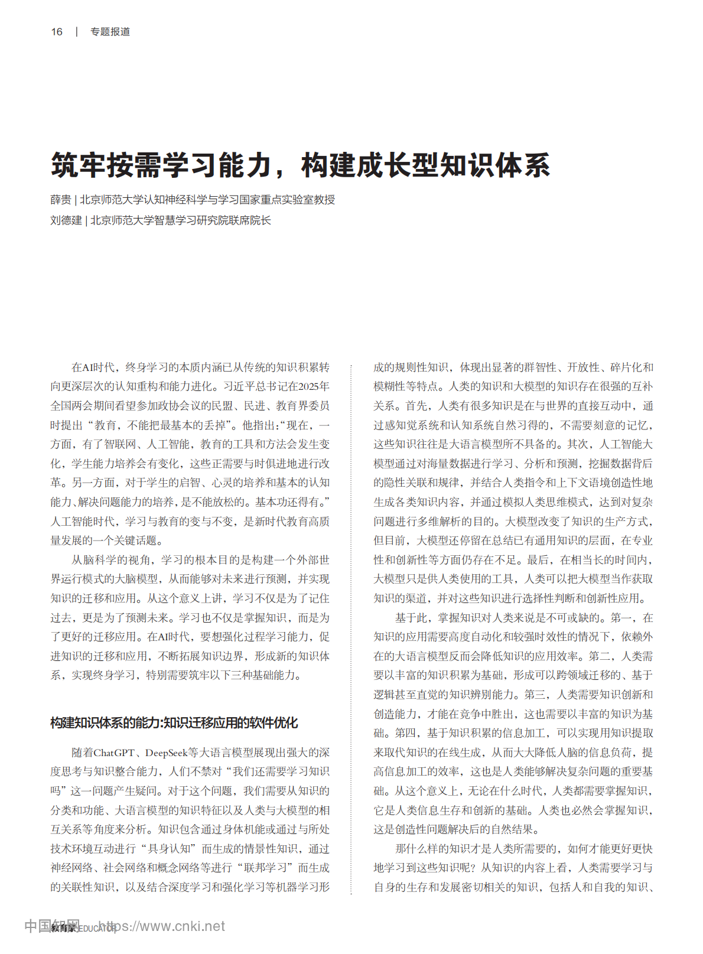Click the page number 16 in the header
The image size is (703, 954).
(x=57, y=32)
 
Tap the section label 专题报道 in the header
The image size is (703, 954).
(x=110, y=32)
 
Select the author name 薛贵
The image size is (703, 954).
(x=60, y=200)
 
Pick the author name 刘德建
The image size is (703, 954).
(x=66, y=220)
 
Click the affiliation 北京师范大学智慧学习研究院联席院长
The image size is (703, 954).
(x=181, y=220)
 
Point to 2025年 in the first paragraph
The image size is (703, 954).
(x=314, y=386)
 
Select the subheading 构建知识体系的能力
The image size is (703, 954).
(x=105, y=722)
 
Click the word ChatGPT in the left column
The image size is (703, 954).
(x=115, y=753)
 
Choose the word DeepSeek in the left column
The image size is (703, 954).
(x=167, y=753)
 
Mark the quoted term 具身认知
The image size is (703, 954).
(x=170, y=849)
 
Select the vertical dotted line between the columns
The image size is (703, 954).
(x=351, y=626)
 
